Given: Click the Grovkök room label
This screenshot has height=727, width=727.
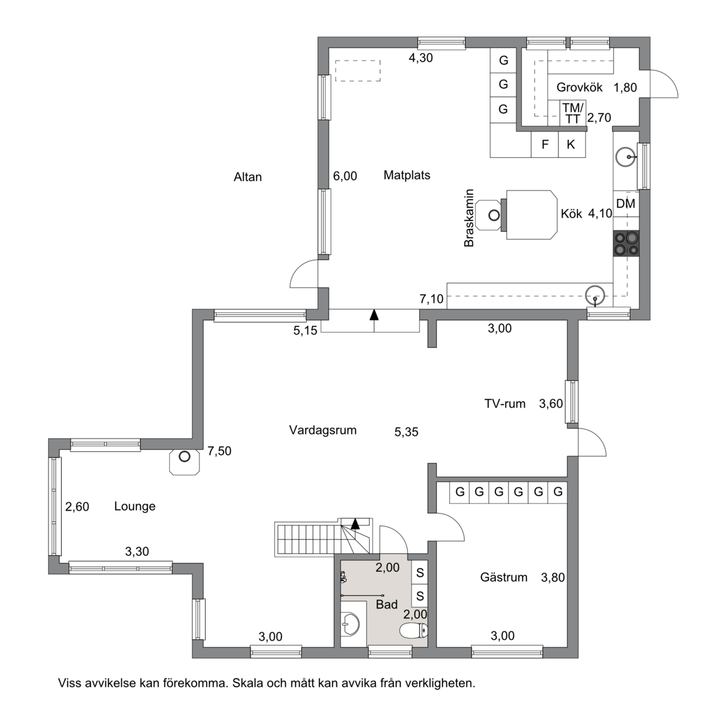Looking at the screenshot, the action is tap(579, 87).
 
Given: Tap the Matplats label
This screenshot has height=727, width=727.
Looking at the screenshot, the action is tap(406, 175).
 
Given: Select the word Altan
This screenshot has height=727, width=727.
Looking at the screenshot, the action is tap(247, 177).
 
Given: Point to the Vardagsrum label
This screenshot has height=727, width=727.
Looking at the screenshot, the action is tap(322, 430).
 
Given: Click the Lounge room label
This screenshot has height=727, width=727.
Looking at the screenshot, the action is tap(134, 506).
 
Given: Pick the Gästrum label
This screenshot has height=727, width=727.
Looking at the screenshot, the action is tap(504, 577).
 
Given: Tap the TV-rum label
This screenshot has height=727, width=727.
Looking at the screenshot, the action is tap(505, 404).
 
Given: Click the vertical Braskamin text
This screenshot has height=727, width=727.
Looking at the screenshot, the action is tap(469, 218).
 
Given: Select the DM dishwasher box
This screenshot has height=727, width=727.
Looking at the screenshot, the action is tap(626, 204).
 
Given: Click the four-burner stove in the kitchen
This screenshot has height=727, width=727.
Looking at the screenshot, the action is tap(626, 244).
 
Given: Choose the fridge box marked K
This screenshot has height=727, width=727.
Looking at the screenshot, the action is tap(571, 145).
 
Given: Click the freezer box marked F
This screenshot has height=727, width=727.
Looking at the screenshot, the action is tap(545, 145).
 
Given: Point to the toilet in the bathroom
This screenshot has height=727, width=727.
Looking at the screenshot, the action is tap(413, 630).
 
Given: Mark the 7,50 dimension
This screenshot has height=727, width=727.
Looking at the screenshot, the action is tap(220, 451).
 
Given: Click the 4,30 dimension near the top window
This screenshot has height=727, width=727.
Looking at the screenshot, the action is tap(420, 58).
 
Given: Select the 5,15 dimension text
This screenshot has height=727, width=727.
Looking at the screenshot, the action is tap(305, 331).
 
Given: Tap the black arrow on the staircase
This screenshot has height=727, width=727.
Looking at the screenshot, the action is tap(355, 524).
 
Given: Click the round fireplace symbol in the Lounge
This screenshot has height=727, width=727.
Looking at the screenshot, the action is tap(184, 457).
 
